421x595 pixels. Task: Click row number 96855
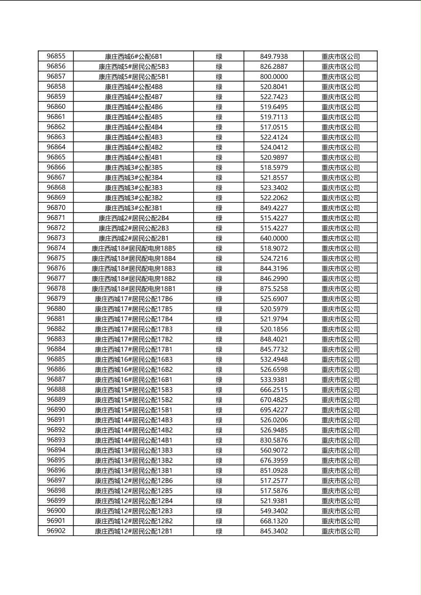coord(56,56)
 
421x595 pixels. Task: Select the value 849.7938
coord(274,57)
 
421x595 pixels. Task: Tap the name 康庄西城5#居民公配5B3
coord(134,66)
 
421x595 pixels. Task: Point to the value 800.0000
coord(274,76)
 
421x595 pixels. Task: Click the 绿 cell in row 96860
coord(219,107)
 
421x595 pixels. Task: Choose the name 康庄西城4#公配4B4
coord(134,127)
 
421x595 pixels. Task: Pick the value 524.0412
coord(274,147)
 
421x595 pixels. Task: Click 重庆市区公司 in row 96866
coord(340,167)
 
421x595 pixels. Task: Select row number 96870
coord(56,207)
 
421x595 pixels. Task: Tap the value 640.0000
coord(274,238)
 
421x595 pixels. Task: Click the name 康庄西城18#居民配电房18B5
coord(134,248)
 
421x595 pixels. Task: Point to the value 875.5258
coord(274,289)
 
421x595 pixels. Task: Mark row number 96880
coord(56,309)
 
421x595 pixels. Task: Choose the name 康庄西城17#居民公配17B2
coord(134,339)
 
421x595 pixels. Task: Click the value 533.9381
coord(274,380)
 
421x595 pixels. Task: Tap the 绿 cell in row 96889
coord(219,400)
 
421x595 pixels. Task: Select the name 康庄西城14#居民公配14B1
coord(134,440)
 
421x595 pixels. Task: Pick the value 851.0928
coord(274,471)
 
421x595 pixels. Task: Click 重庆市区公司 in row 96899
coord(340,501)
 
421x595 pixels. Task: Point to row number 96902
coord(56,531)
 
